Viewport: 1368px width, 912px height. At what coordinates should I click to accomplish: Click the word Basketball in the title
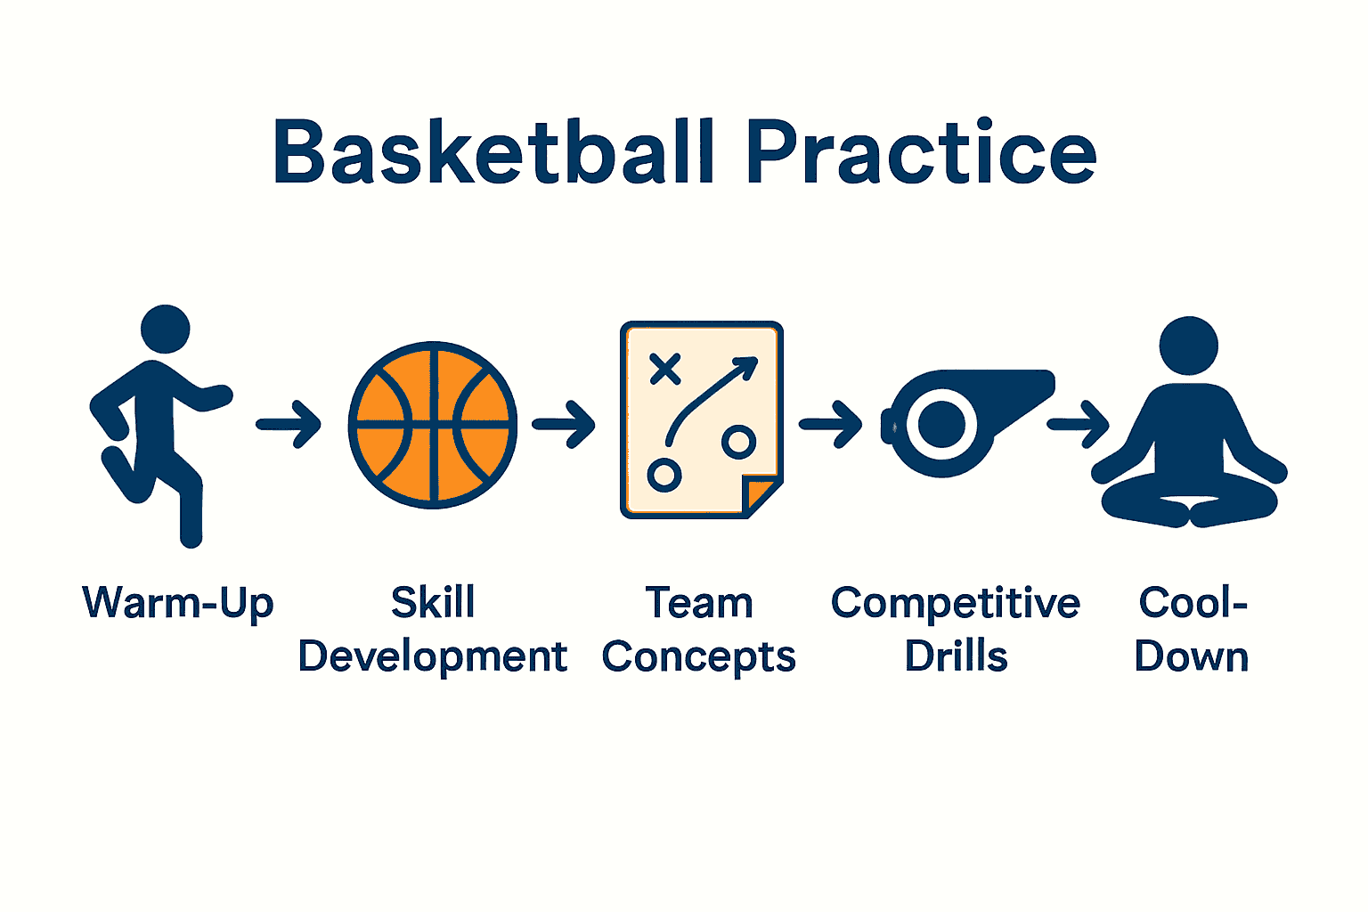(x=494, y=152)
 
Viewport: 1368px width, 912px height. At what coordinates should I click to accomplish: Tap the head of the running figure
(x=166, y=330)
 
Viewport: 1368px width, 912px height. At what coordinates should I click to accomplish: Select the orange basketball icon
(x=433, y=425)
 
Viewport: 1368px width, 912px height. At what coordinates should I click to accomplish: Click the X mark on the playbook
(x=665, y=368)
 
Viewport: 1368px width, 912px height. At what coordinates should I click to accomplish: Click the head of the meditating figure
(x=1188, y=346)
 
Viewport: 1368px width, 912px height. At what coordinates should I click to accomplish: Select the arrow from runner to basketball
(x=289, y=424)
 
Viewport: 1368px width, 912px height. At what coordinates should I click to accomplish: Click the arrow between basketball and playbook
(x=564, y=424)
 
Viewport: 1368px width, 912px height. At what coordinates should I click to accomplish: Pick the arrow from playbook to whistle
(x=830, y=424)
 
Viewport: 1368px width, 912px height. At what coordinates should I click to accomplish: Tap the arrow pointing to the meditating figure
(x=1078, y=424)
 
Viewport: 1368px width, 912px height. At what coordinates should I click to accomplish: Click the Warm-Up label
(x=178, y=603)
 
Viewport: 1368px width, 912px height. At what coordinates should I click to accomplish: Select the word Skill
(x=433, y=603)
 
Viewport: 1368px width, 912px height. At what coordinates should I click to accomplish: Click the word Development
(x=433, y=658)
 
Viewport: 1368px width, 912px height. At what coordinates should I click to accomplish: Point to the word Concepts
(x=698, y=658)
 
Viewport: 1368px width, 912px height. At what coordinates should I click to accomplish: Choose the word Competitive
(x=955, y=603)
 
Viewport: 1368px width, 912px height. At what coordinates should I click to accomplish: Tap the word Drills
(x=956, y=656)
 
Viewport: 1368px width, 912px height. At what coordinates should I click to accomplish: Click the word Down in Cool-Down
(x=1191, y=656)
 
